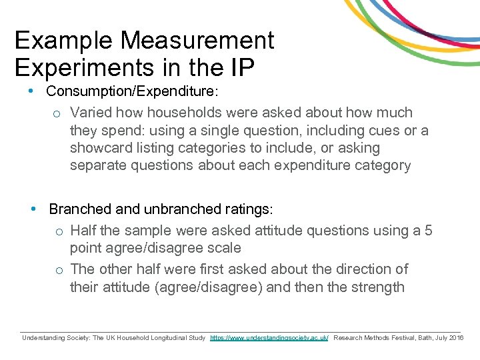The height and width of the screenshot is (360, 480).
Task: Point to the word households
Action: (x=193, y=113)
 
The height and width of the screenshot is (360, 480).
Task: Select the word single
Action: (x=225, y=130)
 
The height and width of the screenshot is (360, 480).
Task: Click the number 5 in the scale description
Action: (x=428, y=231)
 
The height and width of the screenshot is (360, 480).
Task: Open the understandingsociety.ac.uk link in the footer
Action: (x=269, y=339)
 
